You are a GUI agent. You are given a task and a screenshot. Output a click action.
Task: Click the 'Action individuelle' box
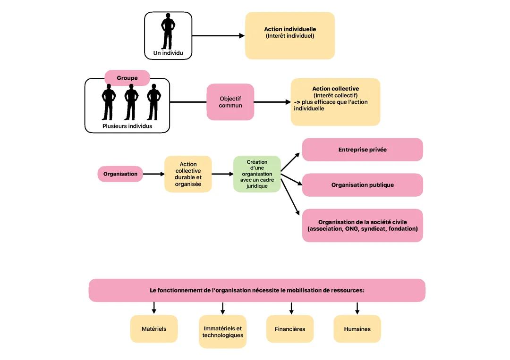pyautogui.click(x=290, y=35)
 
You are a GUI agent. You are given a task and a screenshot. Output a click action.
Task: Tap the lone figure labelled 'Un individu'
pyautogui.click(x=168, y=32)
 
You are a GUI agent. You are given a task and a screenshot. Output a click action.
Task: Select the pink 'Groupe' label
pyautogui.click(x=127, y=78)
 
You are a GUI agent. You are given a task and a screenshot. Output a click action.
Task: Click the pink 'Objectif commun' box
pyautogui.click(x=230, y=102)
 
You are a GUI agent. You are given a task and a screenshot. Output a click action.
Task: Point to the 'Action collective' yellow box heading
pyautogui.click(x=335, y=89)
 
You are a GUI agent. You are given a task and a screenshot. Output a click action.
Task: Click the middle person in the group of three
pyautogui.click(x=131, y=101)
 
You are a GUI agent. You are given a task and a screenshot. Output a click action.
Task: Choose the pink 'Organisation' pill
pyautogui.click(x=120, y=174)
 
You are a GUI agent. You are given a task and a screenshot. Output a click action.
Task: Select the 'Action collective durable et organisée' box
pyautogui.click(x=188, y=174)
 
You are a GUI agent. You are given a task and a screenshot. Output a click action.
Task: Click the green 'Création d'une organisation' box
pyautogui.click(x=257, y=174)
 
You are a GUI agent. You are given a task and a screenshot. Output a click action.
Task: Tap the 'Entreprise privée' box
pyautogui.click(x=362, y=150)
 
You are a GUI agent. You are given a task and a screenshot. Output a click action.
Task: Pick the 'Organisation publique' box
pyautogui.click(x=362, y=185)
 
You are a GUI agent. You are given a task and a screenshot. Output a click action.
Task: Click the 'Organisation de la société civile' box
pyautogui.click(x=362, y=226)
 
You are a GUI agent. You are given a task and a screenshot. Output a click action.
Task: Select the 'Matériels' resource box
pyautogui.click(x=154, y=329)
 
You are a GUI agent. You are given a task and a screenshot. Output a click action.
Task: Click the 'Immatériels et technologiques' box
pyautogui.click(x=222, y=332)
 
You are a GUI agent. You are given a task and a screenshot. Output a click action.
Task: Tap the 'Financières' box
pyautogui.click(x=290, y=329)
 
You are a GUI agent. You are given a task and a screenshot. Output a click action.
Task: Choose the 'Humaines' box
pyautogui.click(x=357, y=329)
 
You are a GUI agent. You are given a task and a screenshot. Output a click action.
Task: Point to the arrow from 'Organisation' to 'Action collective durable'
pyautogui.click(x=153, y=174)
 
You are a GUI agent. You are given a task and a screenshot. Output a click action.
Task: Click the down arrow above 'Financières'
pyautogui.click(x=291, y=308)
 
